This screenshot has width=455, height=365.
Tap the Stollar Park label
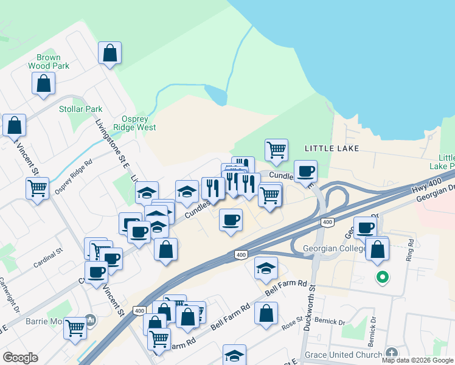click(81, 109)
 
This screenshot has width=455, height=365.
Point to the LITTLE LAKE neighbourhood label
click(332, 148)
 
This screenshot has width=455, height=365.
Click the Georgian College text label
click(332, 249)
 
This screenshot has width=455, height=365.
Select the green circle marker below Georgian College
click(383, 278)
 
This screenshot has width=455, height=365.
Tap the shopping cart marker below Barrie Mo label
click(75, 328)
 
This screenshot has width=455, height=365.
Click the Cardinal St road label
click(48, 260)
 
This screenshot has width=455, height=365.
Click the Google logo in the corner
click(20, 358)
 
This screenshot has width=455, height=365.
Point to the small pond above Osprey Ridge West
click(216, 94)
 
